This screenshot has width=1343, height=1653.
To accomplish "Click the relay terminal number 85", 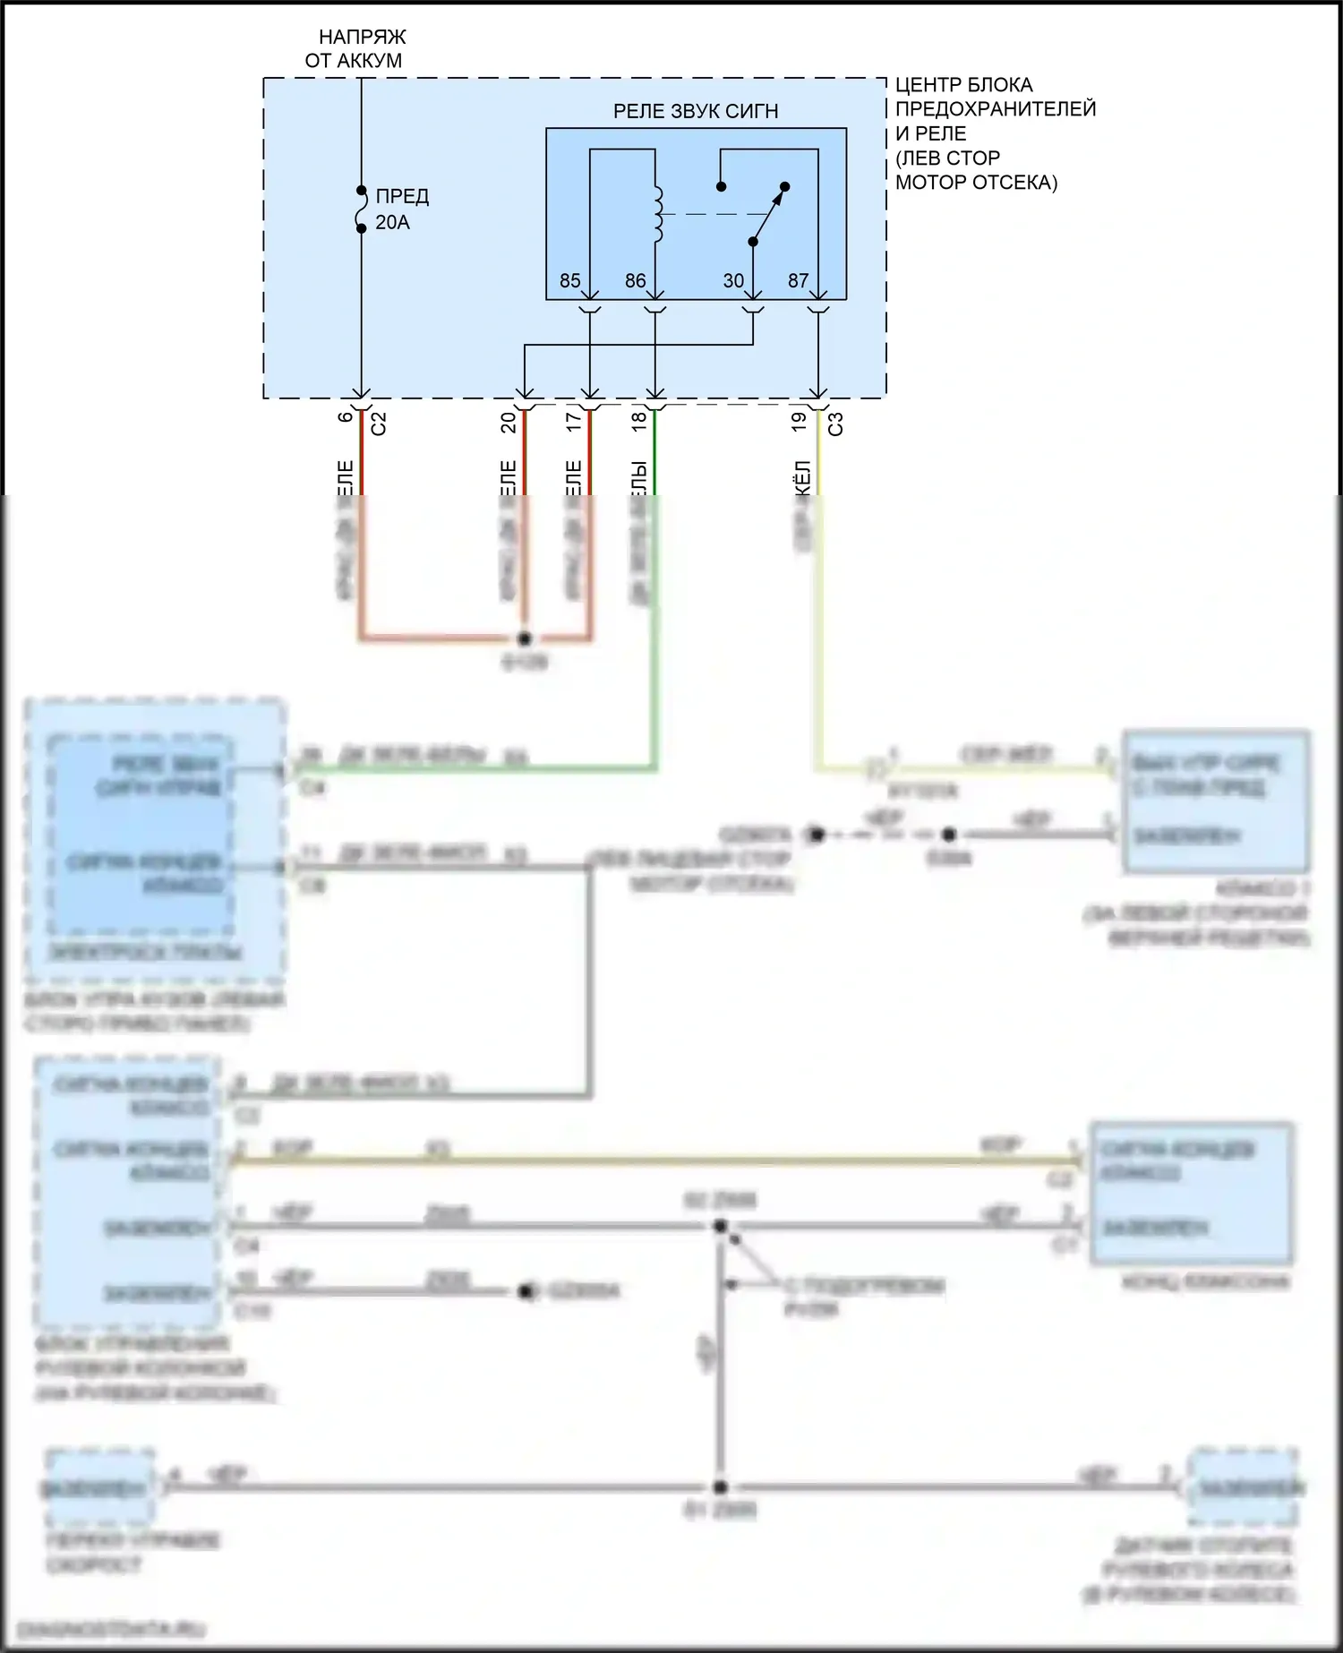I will (569, 281).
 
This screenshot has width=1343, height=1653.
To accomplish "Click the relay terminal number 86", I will (635, 281).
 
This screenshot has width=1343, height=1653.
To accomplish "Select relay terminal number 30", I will (733, 281).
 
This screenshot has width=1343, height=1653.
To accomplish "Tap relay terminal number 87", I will (798, 281).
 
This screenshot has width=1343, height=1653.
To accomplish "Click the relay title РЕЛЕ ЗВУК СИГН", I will (695, 112).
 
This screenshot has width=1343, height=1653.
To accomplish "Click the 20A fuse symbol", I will (362, 210).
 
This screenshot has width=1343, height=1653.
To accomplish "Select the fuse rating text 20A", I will (392, 223).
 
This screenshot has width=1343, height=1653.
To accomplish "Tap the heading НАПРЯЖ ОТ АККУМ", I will (361, 49).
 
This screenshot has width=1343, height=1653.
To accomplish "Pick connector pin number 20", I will (509, 421).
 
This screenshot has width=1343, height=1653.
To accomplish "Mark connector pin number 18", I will (639, 421).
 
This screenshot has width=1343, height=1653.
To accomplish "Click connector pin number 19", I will (800, 421).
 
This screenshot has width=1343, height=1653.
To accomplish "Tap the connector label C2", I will (379, 424).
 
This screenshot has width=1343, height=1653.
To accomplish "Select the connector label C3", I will (835, 424).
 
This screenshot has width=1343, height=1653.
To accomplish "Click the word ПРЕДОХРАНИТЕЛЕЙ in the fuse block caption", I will (996, 109).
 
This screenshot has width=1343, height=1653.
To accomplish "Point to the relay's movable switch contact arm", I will (768, 215).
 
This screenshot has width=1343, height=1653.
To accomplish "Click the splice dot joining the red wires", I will (525, 638).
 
